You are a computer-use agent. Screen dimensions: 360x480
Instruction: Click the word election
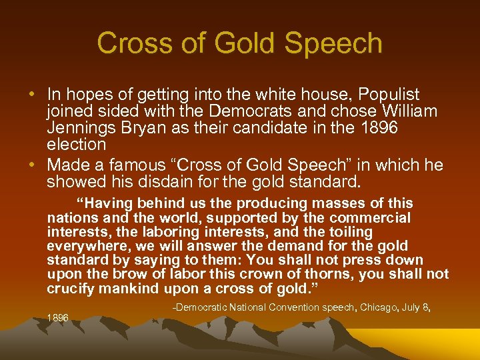point(76,145)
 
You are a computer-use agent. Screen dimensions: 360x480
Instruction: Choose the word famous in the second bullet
point(142,165)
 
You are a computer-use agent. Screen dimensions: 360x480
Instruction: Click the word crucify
point(70,289)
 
